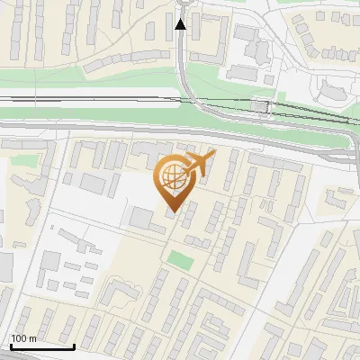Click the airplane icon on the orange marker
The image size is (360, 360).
click(199, 164)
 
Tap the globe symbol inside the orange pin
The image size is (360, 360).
click(173, 178)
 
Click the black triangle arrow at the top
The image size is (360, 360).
click(180, 24)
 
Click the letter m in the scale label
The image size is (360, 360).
click(32, 338)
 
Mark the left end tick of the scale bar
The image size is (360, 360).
click(10, 345)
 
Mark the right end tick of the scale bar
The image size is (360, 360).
click(74, 345)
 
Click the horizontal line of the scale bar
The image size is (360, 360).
click(41, 346)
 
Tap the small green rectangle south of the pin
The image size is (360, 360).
click(181, 261)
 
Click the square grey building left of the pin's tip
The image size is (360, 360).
click(141, 218)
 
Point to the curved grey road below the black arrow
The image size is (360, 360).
click(186, 85)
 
